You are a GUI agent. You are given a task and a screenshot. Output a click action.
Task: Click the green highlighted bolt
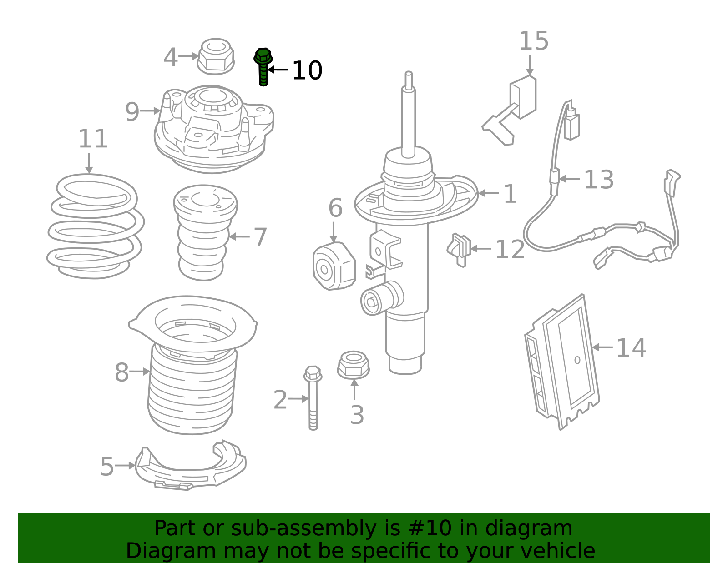[263, 67]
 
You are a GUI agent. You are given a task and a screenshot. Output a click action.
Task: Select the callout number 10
[307, 70]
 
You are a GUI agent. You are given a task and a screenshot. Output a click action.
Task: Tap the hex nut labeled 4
[216, 56]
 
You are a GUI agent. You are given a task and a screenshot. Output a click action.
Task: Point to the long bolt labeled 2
[313, 397]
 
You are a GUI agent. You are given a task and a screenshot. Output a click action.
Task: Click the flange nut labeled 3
[353, 365]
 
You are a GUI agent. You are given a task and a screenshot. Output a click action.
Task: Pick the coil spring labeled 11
[96, 226]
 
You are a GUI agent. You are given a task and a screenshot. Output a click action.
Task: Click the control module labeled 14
[563, 362]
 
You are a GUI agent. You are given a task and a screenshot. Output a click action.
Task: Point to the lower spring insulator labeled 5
[190, 466]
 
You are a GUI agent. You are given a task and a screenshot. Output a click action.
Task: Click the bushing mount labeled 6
[334, 266]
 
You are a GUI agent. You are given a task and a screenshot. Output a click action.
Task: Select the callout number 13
[599, 179]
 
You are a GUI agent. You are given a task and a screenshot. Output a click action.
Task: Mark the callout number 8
[121, 372]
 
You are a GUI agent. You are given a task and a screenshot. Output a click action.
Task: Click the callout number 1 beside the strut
[510, 194]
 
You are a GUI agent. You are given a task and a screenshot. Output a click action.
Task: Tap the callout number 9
[132, 112]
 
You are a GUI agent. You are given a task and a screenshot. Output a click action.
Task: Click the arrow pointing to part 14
[602, 347]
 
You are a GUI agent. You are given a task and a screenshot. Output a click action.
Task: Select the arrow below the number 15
[530, 65]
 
